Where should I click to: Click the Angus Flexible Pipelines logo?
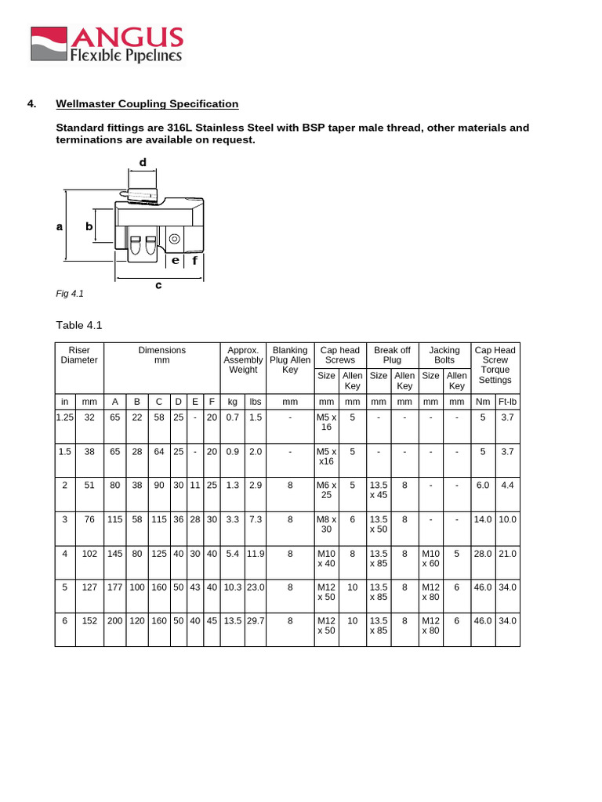coord(107,44)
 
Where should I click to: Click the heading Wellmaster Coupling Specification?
coord(147,104)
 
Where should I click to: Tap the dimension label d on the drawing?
coord(143,162)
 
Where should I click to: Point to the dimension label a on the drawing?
coord(60,226)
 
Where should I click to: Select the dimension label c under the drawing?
coord(158,286)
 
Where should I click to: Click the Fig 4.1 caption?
coord(70,294)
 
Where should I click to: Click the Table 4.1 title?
coord(79,325)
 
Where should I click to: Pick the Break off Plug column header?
coord(392,355)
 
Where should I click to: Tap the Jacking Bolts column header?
coord(444,355)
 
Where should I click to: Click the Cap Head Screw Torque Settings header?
coord(495,365)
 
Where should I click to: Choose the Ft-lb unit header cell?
coord(507,402)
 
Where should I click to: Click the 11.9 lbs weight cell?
coord(256,554)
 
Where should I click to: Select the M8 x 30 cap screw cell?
coord(326,524)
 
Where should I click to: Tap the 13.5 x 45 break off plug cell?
coord(379,490)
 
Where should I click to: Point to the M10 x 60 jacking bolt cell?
coord(431,558)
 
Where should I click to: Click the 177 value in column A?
coord(115,587)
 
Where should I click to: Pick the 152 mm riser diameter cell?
coord(89,621)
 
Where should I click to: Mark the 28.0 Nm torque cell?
coord(482,554)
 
